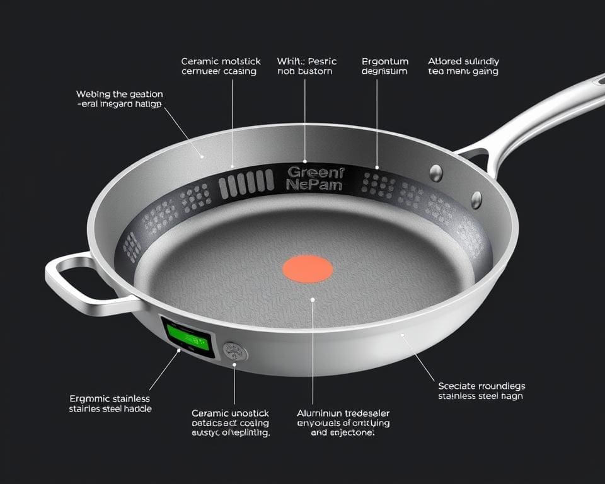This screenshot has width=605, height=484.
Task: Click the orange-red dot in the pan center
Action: [307, 269]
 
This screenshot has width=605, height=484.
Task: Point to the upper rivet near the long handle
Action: [436, 172]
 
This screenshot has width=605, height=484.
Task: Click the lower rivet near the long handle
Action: [476, 200]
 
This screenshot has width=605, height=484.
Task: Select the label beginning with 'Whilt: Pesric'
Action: [307, 66]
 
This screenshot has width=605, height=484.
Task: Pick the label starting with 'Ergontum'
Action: [385, 66]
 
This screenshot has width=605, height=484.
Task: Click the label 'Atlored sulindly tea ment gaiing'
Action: [463, 66]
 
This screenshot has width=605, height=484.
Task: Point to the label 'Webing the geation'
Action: [119, 98]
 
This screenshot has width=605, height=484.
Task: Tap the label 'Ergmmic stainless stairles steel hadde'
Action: [110, 403]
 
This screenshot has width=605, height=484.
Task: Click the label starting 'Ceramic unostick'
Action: [230, 423]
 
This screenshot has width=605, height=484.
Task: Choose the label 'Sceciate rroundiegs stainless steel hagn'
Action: [481, 391]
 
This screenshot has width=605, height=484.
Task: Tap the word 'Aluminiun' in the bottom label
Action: [319, 413]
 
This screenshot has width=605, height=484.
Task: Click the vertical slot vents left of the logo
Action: [246, 183]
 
